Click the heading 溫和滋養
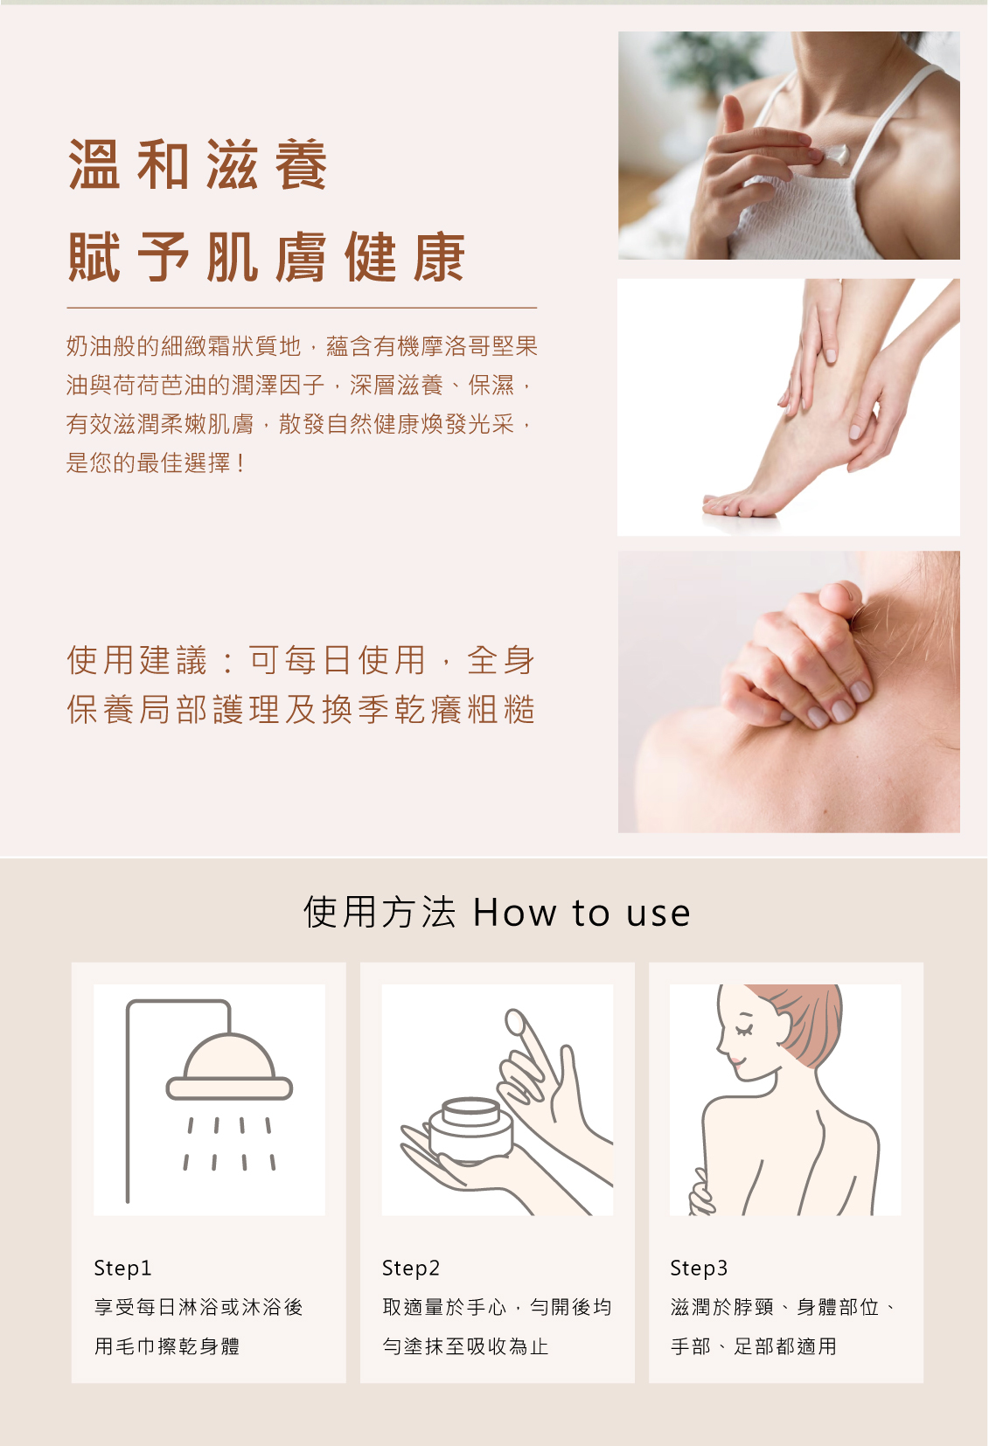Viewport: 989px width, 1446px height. tap(198, 165)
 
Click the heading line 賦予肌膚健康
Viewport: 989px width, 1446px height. tap(267, 258)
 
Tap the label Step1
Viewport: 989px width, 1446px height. tap(122, 1268)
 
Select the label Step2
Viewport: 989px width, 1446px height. tap(410, 1268)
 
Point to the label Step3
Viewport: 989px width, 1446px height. tap(698, 1268)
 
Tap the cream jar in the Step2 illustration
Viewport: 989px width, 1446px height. tap(471, 1129)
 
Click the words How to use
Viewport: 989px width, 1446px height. tap(582, 913)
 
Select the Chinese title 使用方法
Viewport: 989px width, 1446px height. tap(380, 913)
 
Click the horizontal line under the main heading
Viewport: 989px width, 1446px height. tap(302, 308)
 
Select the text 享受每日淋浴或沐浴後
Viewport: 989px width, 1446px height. tap(198, 1307)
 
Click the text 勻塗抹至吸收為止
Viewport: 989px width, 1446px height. tap(465, 1346)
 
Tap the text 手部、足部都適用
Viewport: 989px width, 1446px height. tap(753, 1346)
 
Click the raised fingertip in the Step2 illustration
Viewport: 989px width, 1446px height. tap(515, 1021)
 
